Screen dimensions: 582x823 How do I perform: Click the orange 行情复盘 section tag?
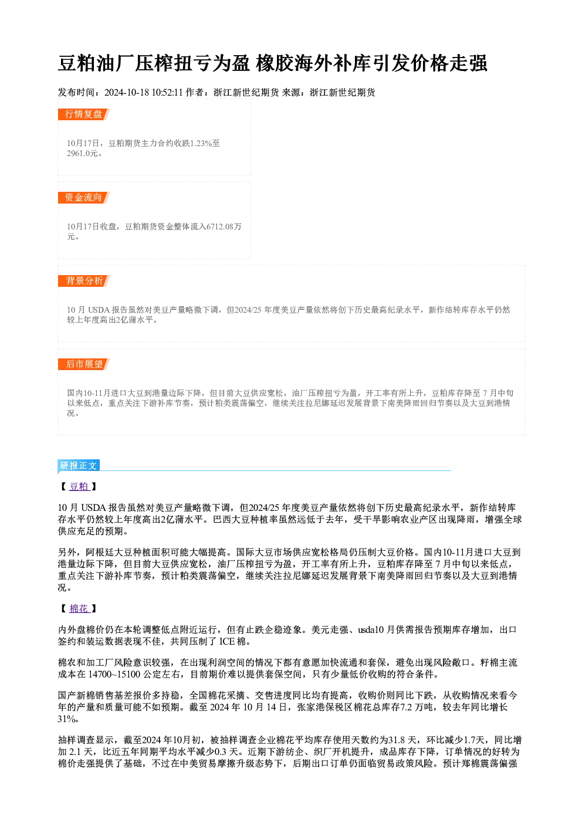pyautogui.click(x=83, y=114)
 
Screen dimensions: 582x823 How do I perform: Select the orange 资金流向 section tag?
pyautogui.click(x=83, y=198)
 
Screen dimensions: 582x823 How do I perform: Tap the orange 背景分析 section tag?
pyautogui.click(x=83, y=281)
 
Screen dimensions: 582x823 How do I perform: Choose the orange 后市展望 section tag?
pyautogui.click(x=83, y=364)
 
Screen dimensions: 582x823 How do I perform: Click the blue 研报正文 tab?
pyautogui.click(x=79, y=466)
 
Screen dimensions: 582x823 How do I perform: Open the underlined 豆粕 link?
pyautogui.click(x=79, y=487)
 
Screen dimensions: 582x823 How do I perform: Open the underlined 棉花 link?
pyautogui.click(x=79, y=609)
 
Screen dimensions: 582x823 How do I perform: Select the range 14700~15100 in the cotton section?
pyautogui.click(x=114, y=674)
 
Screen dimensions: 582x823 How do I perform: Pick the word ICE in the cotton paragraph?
pyautogui.click(x=227, y=642)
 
